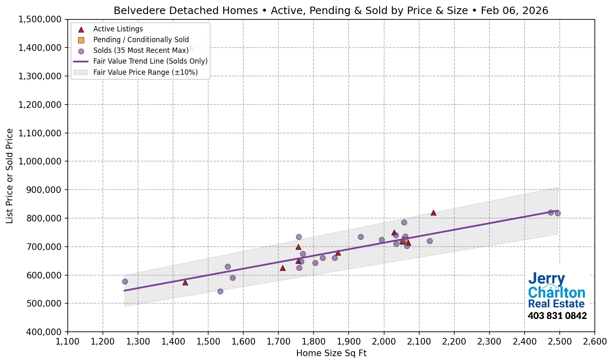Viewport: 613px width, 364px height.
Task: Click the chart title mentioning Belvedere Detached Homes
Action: (x=331, y=10)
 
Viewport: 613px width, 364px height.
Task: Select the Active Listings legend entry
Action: (x=118, y=29)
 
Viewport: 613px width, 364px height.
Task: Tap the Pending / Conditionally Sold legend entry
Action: (x=141, y=40)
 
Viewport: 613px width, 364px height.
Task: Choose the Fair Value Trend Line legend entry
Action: (x=150, y=61)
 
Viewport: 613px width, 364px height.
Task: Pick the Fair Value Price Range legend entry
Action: (x=145, y=72)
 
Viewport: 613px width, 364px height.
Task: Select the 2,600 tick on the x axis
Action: (x=594, y=342)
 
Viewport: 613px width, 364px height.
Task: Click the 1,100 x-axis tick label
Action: (x=68, y=342)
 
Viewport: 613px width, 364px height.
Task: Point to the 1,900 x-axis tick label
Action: (x=349, y=342)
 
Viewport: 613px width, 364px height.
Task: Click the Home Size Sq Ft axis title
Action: (x=331, y=353)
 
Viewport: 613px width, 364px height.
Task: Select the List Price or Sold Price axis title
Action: (x=10, y=176)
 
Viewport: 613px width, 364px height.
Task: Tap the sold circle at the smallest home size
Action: (x=125, y=281)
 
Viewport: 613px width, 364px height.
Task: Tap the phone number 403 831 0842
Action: (x=557, y=316)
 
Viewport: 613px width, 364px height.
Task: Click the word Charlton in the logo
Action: (x=556, y=293)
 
